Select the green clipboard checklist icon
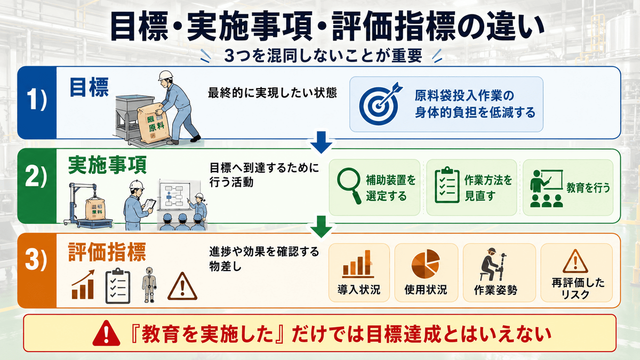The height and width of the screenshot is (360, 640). point(447,185)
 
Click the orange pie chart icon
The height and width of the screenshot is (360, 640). point(426,263)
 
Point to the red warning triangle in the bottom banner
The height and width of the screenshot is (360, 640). point(106,333)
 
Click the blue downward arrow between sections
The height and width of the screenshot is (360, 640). point(322,142)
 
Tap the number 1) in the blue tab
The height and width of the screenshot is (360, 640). point(37,100)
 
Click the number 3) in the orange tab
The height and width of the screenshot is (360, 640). point(36,260)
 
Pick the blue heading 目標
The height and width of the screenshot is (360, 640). point(89,87)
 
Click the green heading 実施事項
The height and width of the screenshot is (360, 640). point(107,165)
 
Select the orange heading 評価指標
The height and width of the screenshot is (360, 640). point(107,252)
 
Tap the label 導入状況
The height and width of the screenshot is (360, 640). point(359,290)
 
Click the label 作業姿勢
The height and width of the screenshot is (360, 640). point(495,290)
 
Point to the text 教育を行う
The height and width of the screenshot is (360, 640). point(588,188)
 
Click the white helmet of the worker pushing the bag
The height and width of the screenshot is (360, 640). point(166,75)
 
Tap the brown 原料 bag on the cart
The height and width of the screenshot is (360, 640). point(153,123)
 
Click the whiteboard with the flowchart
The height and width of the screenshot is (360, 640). point(175,195)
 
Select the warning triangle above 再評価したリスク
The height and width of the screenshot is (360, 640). point(575,261)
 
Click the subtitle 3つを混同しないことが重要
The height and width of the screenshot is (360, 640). point(323,55)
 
